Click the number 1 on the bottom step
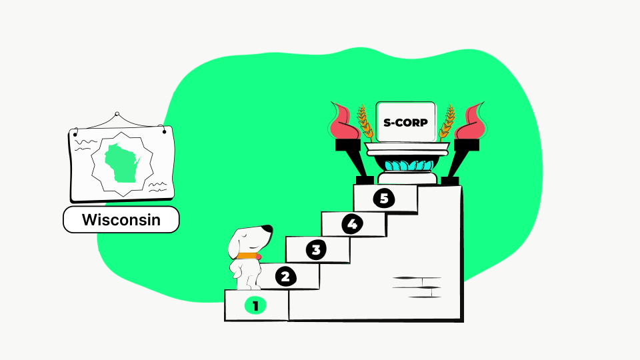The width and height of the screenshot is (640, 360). pos(255,306)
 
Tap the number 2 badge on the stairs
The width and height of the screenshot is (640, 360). pos(285,277)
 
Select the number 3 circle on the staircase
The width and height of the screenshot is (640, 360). pos(316,249)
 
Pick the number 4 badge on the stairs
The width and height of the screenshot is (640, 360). pos(352,224)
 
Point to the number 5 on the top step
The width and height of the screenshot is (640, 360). pos(384,199)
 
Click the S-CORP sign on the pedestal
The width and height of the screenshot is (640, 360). pos(406,122)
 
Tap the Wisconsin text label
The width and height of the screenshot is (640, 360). pos(121,219)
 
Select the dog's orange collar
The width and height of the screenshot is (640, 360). pos(247,256)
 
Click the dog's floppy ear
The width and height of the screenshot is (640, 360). pos(236,245)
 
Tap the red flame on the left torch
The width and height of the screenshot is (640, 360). pos(345,121)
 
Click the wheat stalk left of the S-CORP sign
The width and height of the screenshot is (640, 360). pos(365,123)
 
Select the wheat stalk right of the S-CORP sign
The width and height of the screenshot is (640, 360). pos(447,123)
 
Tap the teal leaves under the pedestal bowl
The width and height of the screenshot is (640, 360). pos(409,166)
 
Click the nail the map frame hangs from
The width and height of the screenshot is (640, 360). pos(117,114)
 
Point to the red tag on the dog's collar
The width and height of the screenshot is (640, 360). pos(259,257)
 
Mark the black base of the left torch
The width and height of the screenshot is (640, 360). pos(365,181)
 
